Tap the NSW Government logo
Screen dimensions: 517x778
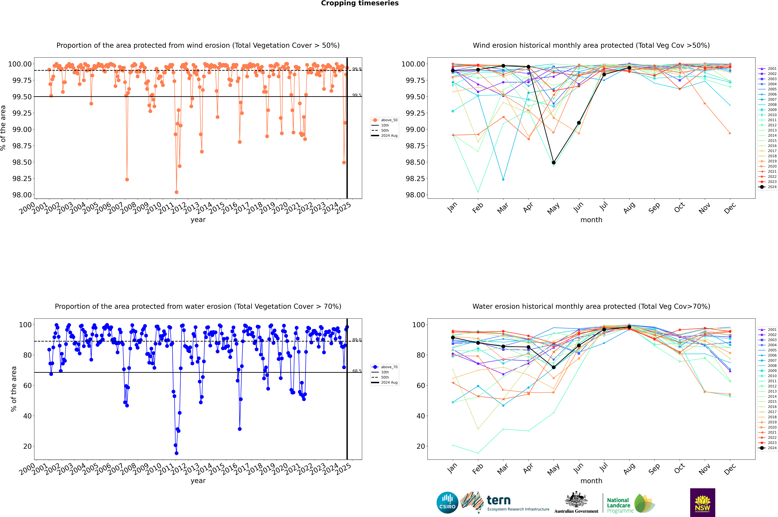click(702, 503)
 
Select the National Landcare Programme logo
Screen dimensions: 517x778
click(631, 503)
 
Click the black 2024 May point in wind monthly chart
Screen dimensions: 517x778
click(554, 163)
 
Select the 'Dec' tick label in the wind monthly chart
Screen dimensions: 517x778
click(730, 208)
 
